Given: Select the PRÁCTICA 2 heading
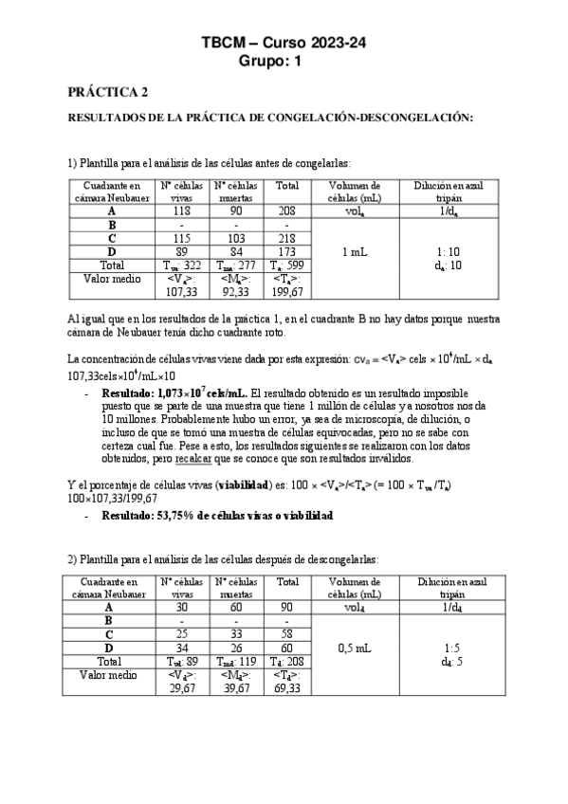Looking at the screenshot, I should tap(107, 92).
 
